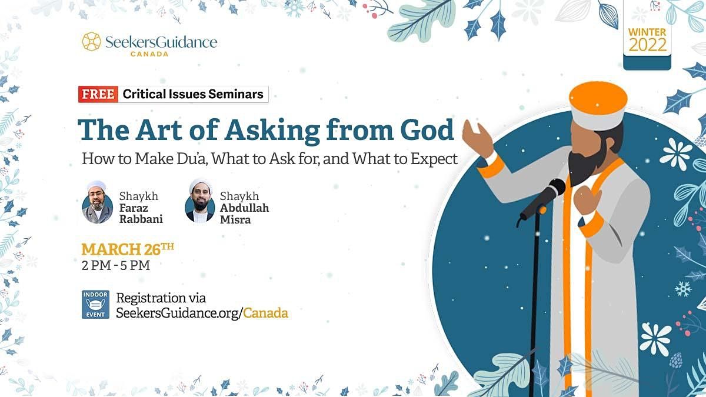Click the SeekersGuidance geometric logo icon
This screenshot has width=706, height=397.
[91, 41]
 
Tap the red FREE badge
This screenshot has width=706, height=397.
[98, 94]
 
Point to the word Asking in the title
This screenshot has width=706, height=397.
[272, 131]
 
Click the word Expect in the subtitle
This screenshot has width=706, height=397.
[434, 159]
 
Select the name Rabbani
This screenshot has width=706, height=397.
[141, 219]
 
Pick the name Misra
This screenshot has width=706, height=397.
[235, 219]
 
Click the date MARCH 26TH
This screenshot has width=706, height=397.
[128, 249]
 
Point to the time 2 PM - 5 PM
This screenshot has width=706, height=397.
[116, 265]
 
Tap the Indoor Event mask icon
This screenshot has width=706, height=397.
[95, 305]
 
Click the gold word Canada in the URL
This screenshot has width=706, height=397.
[266, 313]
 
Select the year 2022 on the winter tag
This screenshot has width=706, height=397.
[648, 45]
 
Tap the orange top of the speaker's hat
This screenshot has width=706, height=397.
[598, 96]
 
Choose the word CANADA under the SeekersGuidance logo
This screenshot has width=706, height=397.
[149, 54]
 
